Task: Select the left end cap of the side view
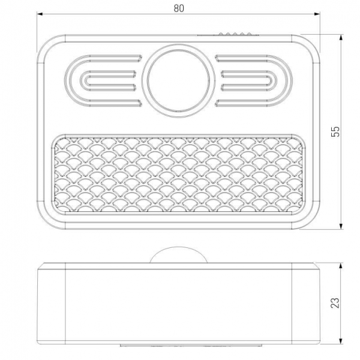click(x=51, y=303)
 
